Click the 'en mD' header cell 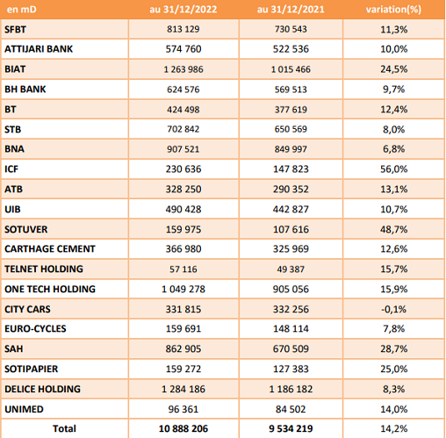(x=21, y=10)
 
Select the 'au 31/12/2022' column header (x=183, y=10)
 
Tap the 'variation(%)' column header (x=393, y=10)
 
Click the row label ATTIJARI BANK (x=39, y=49)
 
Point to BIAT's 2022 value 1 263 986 (x=183, y=69)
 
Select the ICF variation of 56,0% (x=394, y=169)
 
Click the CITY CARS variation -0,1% (x=394, y=309)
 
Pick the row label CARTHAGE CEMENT (x=50, y=248)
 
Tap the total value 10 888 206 (x=183, y=428)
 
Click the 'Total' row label (x=64, y=428)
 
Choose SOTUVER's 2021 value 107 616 (x=291, y=229)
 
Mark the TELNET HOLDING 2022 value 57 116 (x=183, y=269)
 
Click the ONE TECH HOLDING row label (x=50, y=289)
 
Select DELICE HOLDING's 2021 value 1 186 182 (x=291, y=389)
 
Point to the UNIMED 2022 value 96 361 (x=183, y=409)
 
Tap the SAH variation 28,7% (x=394, y=348)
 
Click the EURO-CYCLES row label (x=35, y=328)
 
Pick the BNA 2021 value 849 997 (x=291, y=149)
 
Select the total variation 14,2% (x=394, y=428)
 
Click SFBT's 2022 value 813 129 (x=183, y=29)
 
